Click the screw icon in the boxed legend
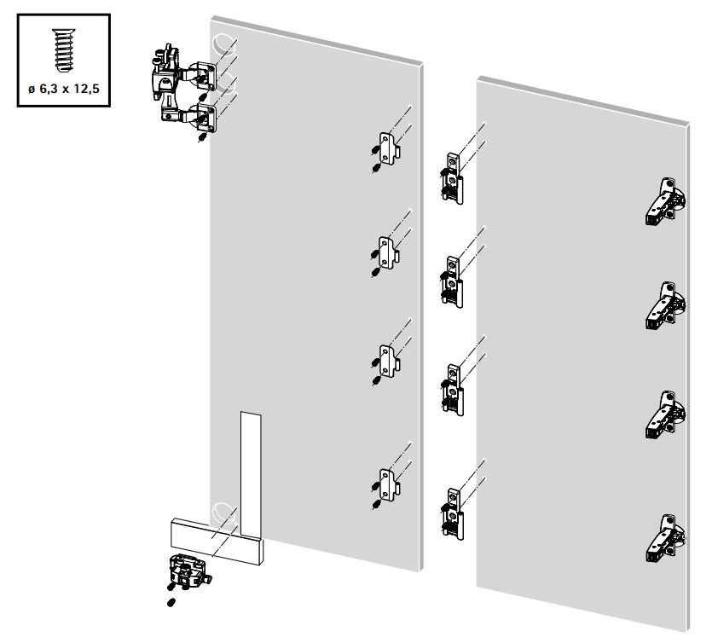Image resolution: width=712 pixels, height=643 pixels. pos(63,50)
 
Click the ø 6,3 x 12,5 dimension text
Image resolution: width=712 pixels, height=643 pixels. pos(64,89)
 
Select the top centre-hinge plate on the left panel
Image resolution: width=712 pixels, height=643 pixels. pos(390,148)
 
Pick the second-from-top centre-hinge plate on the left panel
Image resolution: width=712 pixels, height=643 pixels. pos(389,252)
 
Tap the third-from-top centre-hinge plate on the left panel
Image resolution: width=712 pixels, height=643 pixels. pos(389,361)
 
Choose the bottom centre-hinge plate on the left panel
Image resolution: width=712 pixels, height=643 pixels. pos(390,485)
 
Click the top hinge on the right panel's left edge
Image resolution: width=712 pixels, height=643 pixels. pos(452,178)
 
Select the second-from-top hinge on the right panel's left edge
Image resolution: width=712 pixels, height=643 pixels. pos(452,282)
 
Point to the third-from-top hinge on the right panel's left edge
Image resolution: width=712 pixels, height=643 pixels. pos(452,390)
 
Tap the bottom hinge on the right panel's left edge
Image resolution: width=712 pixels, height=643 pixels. pos(452,514)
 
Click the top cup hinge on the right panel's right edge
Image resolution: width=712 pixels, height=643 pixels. pos(665,201)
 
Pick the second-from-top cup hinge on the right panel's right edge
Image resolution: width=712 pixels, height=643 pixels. pos(665,305)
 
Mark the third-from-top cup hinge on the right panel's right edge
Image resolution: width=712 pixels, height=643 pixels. pos(665,414)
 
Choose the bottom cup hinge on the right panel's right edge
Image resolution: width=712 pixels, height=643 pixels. pos(665,539)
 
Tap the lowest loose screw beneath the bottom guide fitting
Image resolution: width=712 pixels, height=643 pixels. pos(171,603)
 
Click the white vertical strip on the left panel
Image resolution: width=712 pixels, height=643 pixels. pos(251,475)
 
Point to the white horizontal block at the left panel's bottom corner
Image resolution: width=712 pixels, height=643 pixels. pos(217,541)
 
